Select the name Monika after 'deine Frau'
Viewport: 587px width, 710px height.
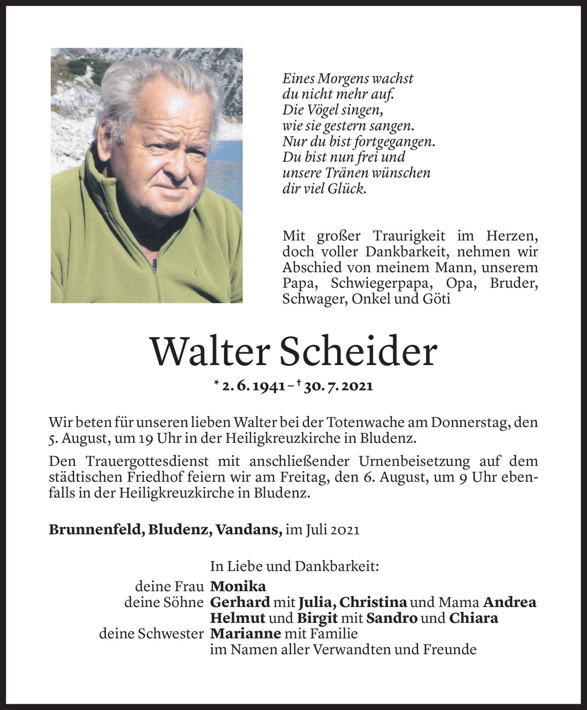click(x=238, y=586)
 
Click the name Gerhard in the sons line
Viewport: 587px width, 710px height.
click(x=240, y=602)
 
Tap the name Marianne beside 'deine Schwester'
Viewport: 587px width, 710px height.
click(x=246, y=634)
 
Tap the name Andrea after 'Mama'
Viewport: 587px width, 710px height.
click(x=509, y=602)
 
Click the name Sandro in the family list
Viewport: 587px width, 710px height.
click(x=392, y=618)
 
